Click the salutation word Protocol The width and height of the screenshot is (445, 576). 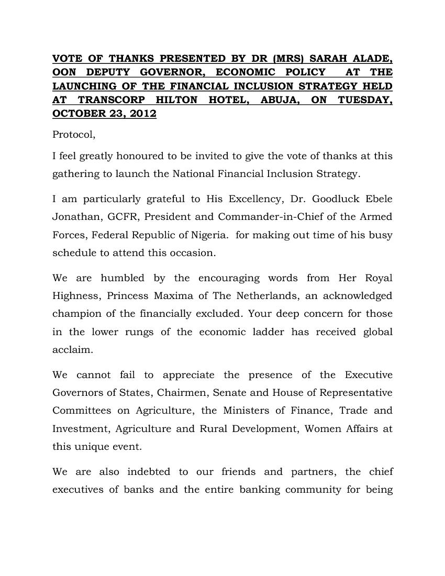pos(74,135)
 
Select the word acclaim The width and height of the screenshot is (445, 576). pos(72,349)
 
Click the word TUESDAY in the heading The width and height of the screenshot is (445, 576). pos(365,99)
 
